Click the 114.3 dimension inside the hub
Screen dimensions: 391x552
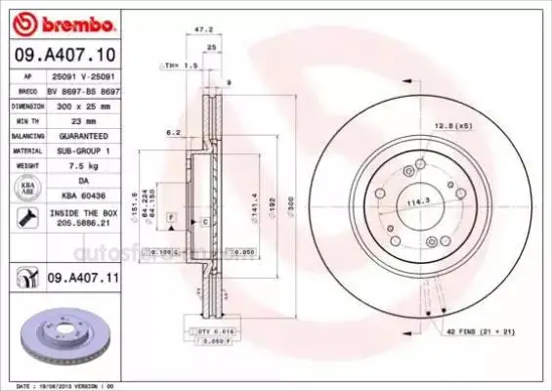420,202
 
